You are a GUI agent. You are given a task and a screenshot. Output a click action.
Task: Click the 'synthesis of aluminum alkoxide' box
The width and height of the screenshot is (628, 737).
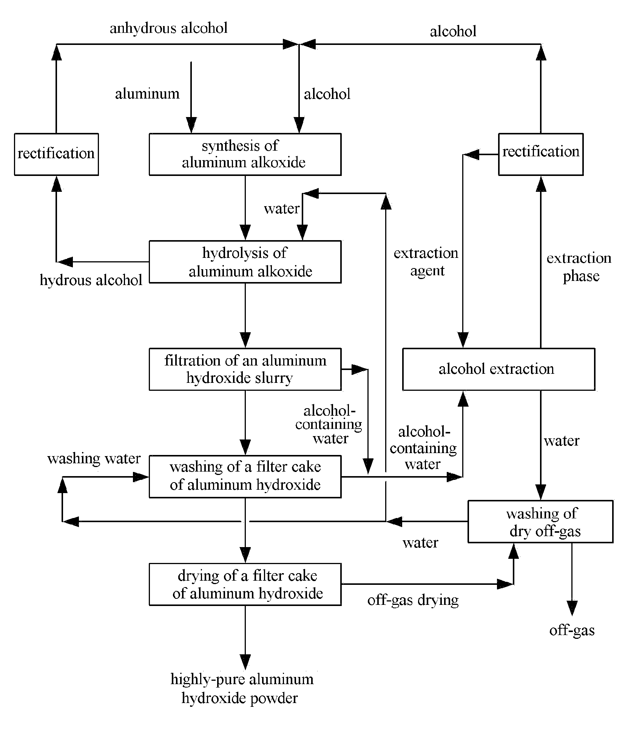[x=245, y=154]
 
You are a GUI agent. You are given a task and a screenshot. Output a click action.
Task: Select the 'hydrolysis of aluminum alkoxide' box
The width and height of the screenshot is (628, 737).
[x=245, y=262]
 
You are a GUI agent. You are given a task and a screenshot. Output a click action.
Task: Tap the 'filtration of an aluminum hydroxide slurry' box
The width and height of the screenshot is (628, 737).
[x=245, y=369]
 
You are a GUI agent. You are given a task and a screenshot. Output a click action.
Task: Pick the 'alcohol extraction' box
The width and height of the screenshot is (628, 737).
[x=498, y=369]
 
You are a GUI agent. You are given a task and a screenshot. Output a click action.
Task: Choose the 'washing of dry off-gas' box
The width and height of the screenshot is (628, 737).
[x=540, y=521]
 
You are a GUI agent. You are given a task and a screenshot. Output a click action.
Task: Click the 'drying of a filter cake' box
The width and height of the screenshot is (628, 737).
[x=245, y=584]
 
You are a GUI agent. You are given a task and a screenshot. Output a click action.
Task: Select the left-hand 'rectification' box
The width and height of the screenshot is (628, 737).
[x=56, y=154]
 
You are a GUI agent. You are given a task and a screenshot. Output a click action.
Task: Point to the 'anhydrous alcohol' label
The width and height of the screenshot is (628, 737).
[x=168, y=28]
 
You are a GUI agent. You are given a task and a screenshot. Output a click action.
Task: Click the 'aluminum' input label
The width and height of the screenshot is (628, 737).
[x=147, y=94]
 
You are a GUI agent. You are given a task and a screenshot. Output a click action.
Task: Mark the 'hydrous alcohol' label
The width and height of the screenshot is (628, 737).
[x=91, y=280]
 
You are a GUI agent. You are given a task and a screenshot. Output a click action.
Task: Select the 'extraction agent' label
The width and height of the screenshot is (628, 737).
[x=426, y=262]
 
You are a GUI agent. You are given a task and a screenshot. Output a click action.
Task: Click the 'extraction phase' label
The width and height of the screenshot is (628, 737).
[x=579, y=267]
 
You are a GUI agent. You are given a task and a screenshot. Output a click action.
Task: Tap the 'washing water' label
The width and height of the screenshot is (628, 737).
[x=94, y=458]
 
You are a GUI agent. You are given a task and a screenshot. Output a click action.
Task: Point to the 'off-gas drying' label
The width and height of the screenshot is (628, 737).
[x=413, y=600]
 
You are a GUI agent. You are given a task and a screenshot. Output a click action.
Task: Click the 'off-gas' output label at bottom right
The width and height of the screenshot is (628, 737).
[x=572, y=630]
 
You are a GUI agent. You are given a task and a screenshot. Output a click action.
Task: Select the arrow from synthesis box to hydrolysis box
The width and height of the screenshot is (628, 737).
[x=245, y=208]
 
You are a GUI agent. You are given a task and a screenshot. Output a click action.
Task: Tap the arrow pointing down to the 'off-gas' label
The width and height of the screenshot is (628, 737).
[x=572, y=578]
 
